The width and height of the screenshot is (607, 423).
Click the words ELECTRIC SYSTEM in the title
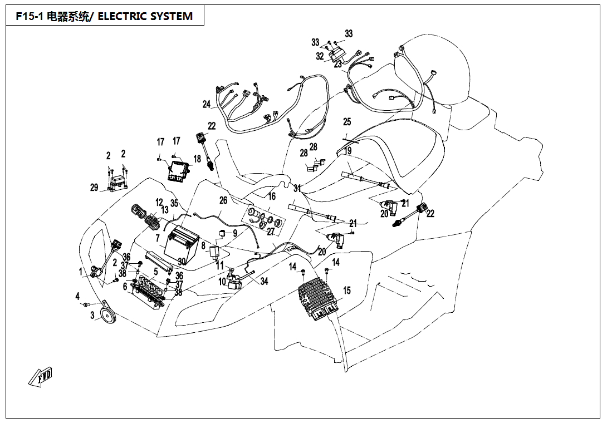point(145,17)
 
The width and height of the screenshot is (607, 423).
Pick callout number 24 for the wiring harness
point(207,104)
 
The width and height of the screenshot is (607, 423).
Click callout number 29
point(94,188)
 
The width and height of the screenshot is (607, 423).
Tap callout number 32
point(320,56)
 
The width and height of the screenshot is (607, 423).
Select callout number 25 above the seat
point(347,122)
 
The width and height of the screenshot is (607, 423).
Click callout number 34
point(264,282)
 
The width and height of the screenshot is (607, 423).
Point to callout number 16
point(272,196)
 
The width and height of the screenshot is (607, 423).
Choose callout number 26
point(223,200)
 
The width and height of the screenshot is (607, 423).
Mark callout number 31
point(297,188)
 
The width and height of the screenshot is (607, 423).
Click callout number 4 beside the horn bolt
point(78,296)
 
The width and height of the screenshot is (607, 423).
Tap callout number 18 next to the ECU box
point(197,159)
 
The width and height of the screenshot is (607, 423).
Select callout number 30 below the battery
point(181,262)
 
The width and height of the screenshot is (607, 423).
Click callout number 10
point(222,282)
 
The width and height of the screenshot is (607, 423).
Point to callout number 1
point(81,272)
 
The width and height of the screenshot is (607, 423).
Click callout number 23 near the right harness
point(337,65)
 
